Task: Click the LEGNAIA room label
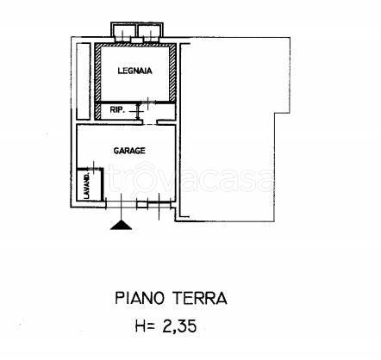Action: coord(135,72)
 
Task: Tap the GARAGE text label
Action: coord(129,150)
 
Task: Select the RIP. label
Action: coord(116,110)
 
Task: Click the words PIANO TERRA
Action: coord(171,299)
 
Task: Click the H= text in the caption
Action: coord(144,328)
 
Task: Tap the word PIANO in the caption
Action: coord(140,299)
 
